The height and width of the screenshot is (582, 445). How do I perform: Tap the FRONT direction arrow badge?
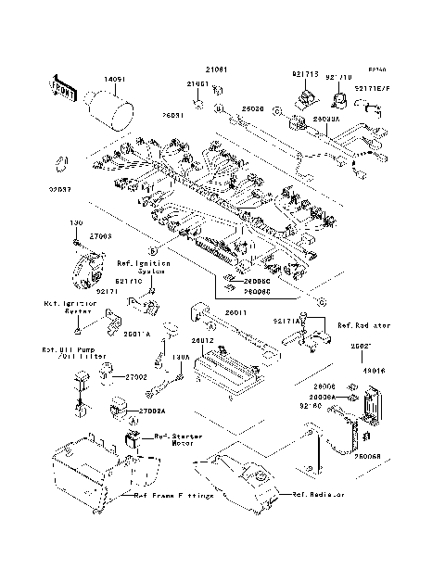click(x=61, y=89)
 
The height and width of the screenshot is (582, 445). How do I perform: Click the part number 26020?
click(x=253, y=108)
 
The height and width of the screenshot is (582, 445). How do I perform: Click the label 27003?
click(x=100, y=237)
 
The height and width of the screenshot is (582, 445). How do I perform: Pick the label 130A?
click(x=181, y=356)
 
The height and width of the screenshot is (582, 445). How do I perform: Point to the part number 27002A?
click(x=152, y=411)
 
